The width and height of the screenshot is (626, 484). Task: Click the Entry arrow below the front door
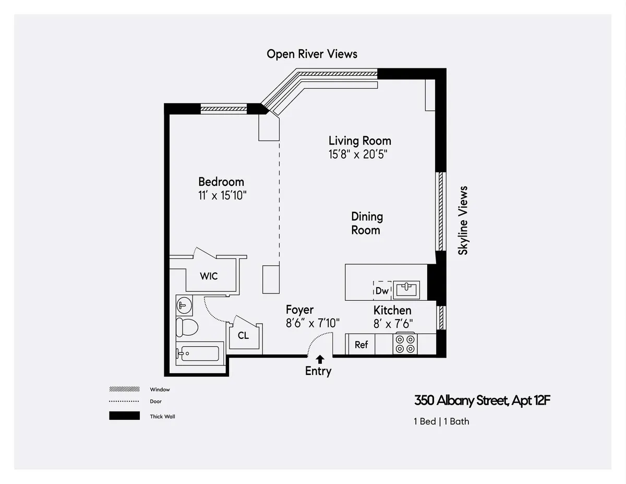[320, 359]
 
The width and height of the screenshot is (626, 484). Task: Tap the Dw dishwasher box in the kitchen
[382, 290]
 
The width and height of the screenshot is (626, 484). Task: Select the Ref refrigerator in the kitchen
[361, 345]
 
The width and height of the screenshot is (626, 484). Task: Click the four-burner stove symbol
[405, 344]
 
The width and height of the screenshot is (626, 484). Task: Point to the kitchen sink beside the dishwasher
[406, 289]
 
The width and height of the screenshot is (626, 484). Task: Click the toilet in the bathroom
[187, 327]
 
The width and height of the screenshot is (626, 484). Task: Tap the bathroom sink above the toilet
[184, 304]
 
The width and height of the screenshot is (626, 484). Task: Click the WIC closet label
[209, 276]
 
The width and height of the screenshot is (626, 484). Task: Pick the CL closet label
[243, 336]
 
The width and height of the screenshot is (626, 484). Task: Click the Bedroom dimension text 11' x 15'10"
[221, 196]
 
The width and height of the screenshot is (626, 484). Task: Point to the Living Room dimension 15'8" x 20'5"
[358, 155]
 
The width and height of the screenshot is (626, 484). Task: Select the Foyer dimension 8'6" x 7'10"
[312, 323]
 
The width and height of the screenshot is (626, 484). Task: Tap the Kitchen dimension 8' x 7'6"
[393, 324]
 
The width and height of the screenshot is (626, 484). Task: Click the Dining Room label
[366, 223]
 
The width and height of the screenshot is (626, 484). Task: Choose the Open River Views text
[312, 54]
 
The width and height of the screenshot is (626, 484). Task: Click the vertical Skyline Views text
[463, 220]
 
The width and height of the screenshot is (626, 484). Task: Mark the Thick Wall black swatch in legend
[124, 416]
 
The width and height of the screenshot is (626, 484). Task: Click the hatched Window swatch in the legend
[124, 389]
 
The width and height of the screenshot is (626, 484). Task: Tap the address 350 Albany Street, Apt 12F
[483, 401]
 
